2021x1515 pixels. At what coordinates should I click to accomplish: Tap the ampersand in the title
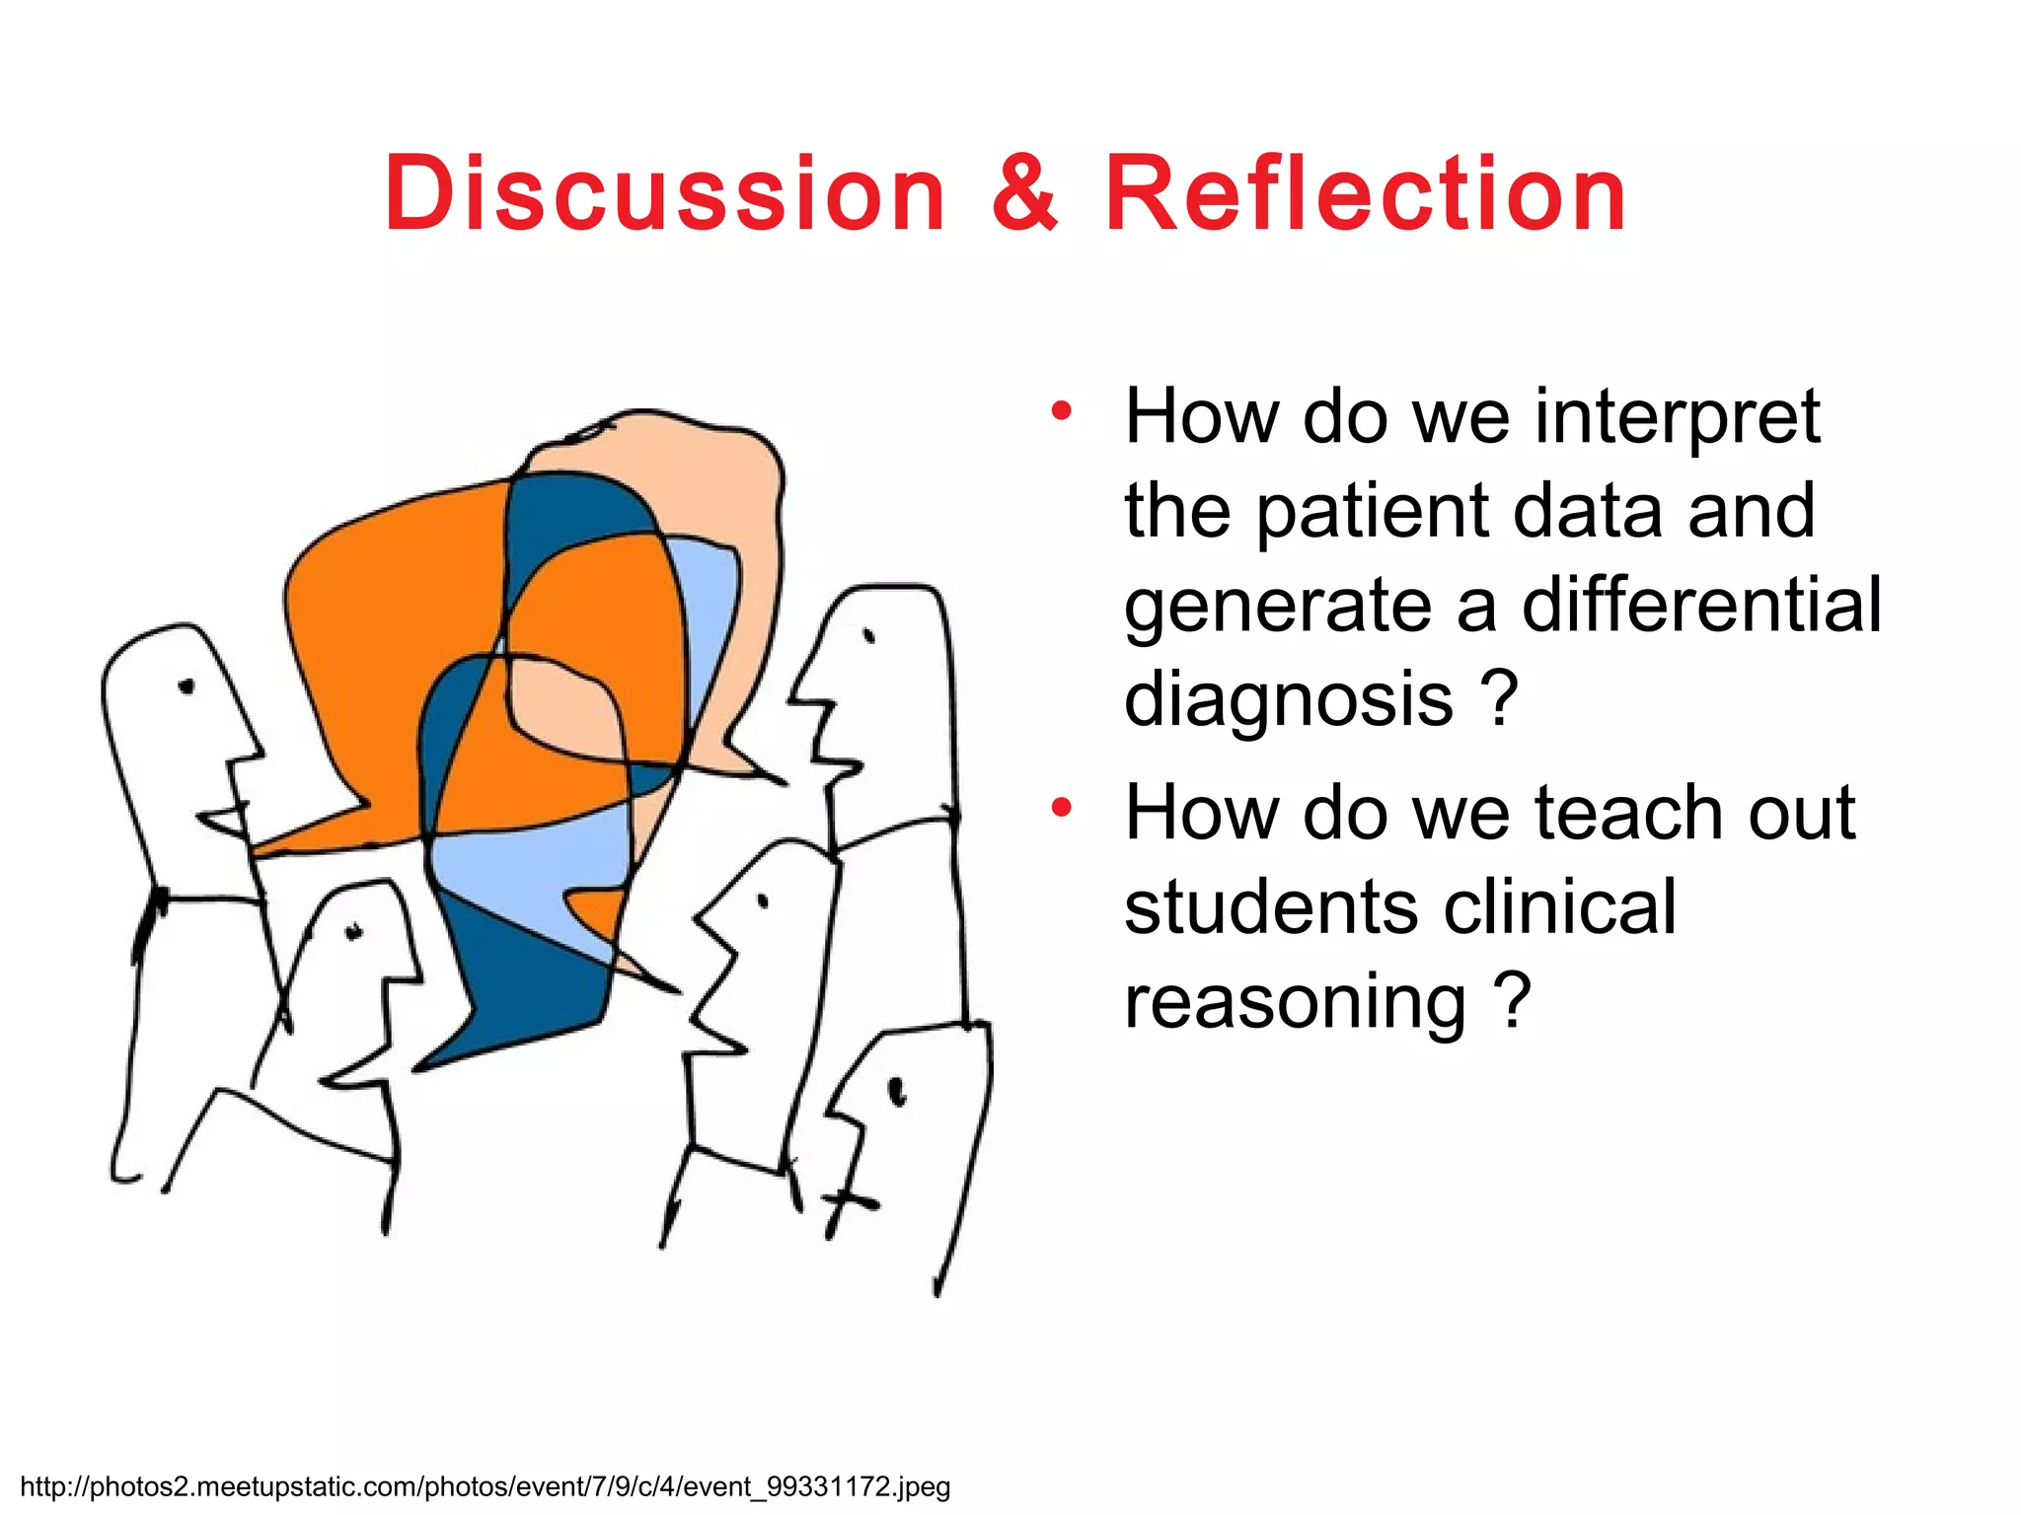(1024, 194)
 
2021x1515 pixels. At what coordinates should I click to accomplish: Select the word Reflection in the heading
(1365, 194)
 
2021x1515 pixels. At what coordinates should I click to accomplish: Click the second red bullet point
(1061, 809)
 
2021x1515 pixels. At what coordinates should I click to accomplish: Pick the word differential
(1701, 606)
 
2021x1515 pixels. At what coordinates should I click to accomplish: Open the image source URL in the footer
(485, 1485)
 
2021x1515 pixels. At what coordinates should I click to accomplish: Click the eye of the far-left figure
(187, 686)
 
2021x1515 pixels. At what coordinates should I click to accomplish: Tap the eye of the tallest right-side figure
(869, 636)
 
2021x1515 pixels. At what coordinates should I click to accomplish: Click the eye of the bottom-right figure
(897, 1091)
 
